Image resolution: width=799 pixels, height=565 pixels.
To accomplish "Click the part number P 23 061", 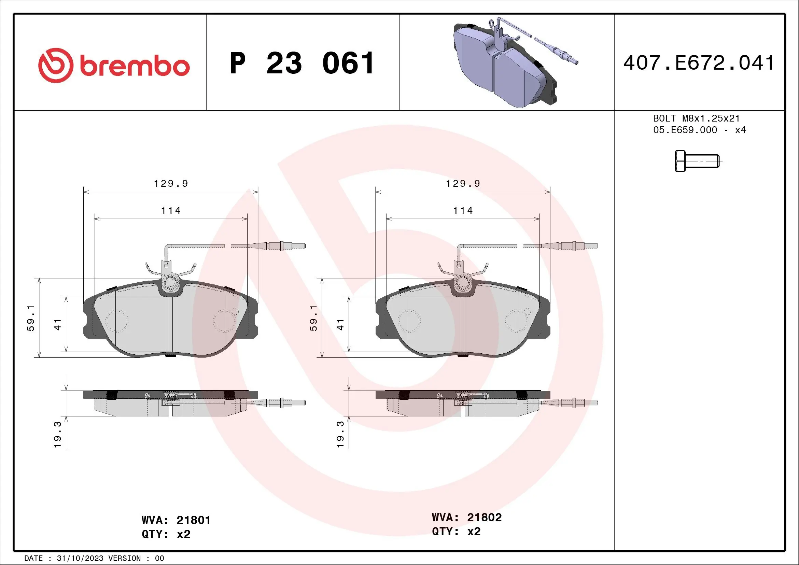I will pyautogui.click(x=302, y=63).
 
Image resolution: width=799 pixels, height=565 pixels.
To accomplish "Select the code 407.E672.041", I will pyautogui.click(x=699, y=63).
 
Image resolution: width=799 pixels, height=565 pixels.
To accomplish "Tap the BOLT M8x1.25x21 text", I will pyautogui.click(x=696, y=118).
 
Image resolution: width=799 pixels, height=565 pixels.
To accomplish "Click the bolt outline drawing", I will pyautogui.click(x=697, y=161).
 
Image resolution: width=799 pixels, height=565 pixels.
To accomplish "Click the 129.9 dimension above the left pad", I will pyautogui.click(x=171, y=183).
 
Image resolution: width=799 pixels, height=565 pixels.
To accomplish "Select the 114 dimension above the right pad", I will pyautogui.click(x=463, y=211).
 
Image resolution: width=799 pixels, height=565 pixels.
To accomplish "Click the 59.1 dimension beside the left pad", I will pyautogui.click(x=31, y=318).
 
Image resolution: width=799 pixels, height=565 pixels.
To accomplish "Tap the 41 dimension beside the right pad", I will pyautogui.click(x=340, y=324).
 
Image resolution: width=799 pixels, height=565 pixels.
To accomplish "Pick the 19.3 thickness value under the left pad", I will pyautogui.click(x=57, y=435).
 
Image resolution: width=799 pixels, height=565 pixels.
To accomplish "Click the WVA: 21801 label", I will pyautogui.click(x=176, y=520).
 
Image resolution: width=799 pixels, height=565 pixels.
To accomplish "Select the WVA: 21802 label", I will pyautogui.click(x=466, y=517).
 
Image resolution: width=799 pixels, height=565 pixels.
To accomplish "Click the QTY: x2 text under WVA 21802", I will pyautogui.click(x=456, y=532).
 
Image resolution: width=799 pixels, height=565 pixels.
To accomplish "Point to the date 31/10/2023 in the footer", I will pyautogui.click(x=80, y=559).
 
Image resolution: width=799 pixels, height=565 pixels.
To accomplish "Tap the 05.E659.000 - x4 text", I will pyautogui.click(x=699, y=130).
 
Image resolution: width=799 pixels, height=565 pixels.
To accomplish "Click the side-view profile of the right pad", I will pyautogui.click(x=463, y=404).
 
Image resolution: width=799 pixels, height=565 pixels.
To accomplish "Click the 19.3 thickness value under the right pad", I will pyautogui.click(x=340, y=435).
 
